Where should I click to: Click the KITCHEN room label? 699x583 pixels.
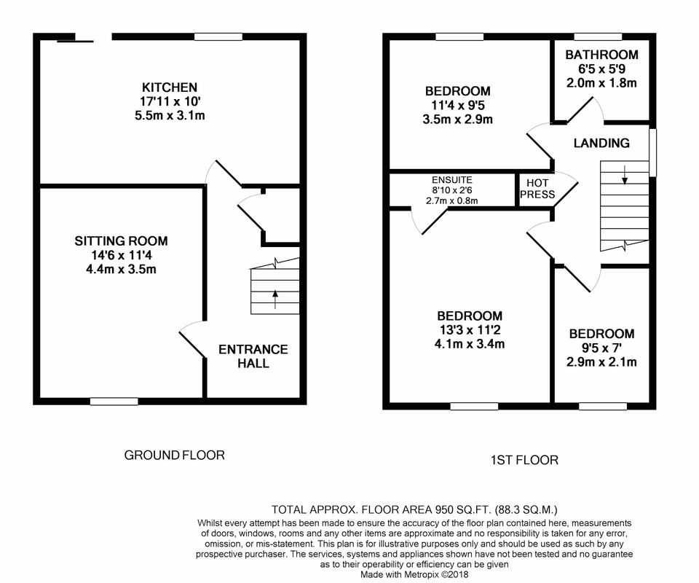[x=170, y=87]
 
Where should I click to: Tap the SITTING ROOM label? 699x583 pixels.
[x=122, y=241]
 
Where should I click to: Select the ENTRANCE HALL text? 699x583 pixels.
[x=253, y=356]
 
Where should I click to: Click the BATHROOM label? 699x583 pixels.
[x=602, y=55]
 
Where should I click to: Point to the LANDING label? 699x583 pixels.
[x=601, y=143]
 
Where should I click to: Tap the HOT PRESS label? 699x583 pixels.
[x=537, y=189]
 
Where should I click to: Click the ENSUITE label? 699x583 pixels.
[x=452, y=180]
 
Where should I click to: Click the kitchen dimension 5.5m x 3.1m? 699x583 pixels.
[x=170, y=116]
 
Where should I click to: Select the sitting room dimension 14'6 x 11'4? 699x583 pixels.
[x=122, y=255]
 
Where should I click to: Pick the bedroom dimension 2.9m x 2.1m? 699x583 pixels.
[x=601, y=361]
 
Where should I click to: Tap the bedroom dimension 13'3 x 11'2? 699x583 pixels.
[x=470, y=330]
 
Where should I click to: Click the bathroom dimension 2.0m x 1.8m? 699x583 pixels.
[x=601, y=83]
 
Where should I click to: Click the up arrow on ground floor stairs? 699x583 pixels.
[x=275, y=300]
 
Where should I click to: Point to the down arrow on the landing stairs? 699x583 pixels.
[x=625, y=174]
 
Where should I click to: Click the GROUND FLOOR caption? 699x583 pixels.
[x=174, y=455]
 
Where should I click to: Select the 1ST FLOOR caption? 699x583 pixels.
[x=524, y=460]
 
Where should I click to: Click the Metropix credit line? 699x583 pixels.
[x=414, y=574]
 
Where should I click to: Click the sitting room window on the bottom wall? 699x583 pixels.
[x=114, y=402]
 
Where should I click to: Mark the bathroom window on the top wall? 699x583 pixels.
[x=598, y=36]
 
